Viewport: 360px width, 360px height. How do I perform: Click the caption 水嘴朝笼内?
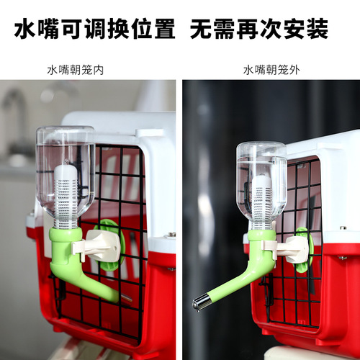[76, 70]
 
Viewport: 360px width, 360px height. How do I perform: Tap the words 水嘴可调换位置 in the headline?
[95, 30]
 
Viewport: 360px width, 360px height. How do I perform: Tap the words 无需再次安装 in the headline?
[260, 30]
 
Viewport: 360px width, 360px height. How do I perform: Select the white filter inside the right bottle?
[261, 198]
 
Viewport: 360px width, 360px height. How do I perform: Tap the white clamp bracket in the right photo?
[291, 249]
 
